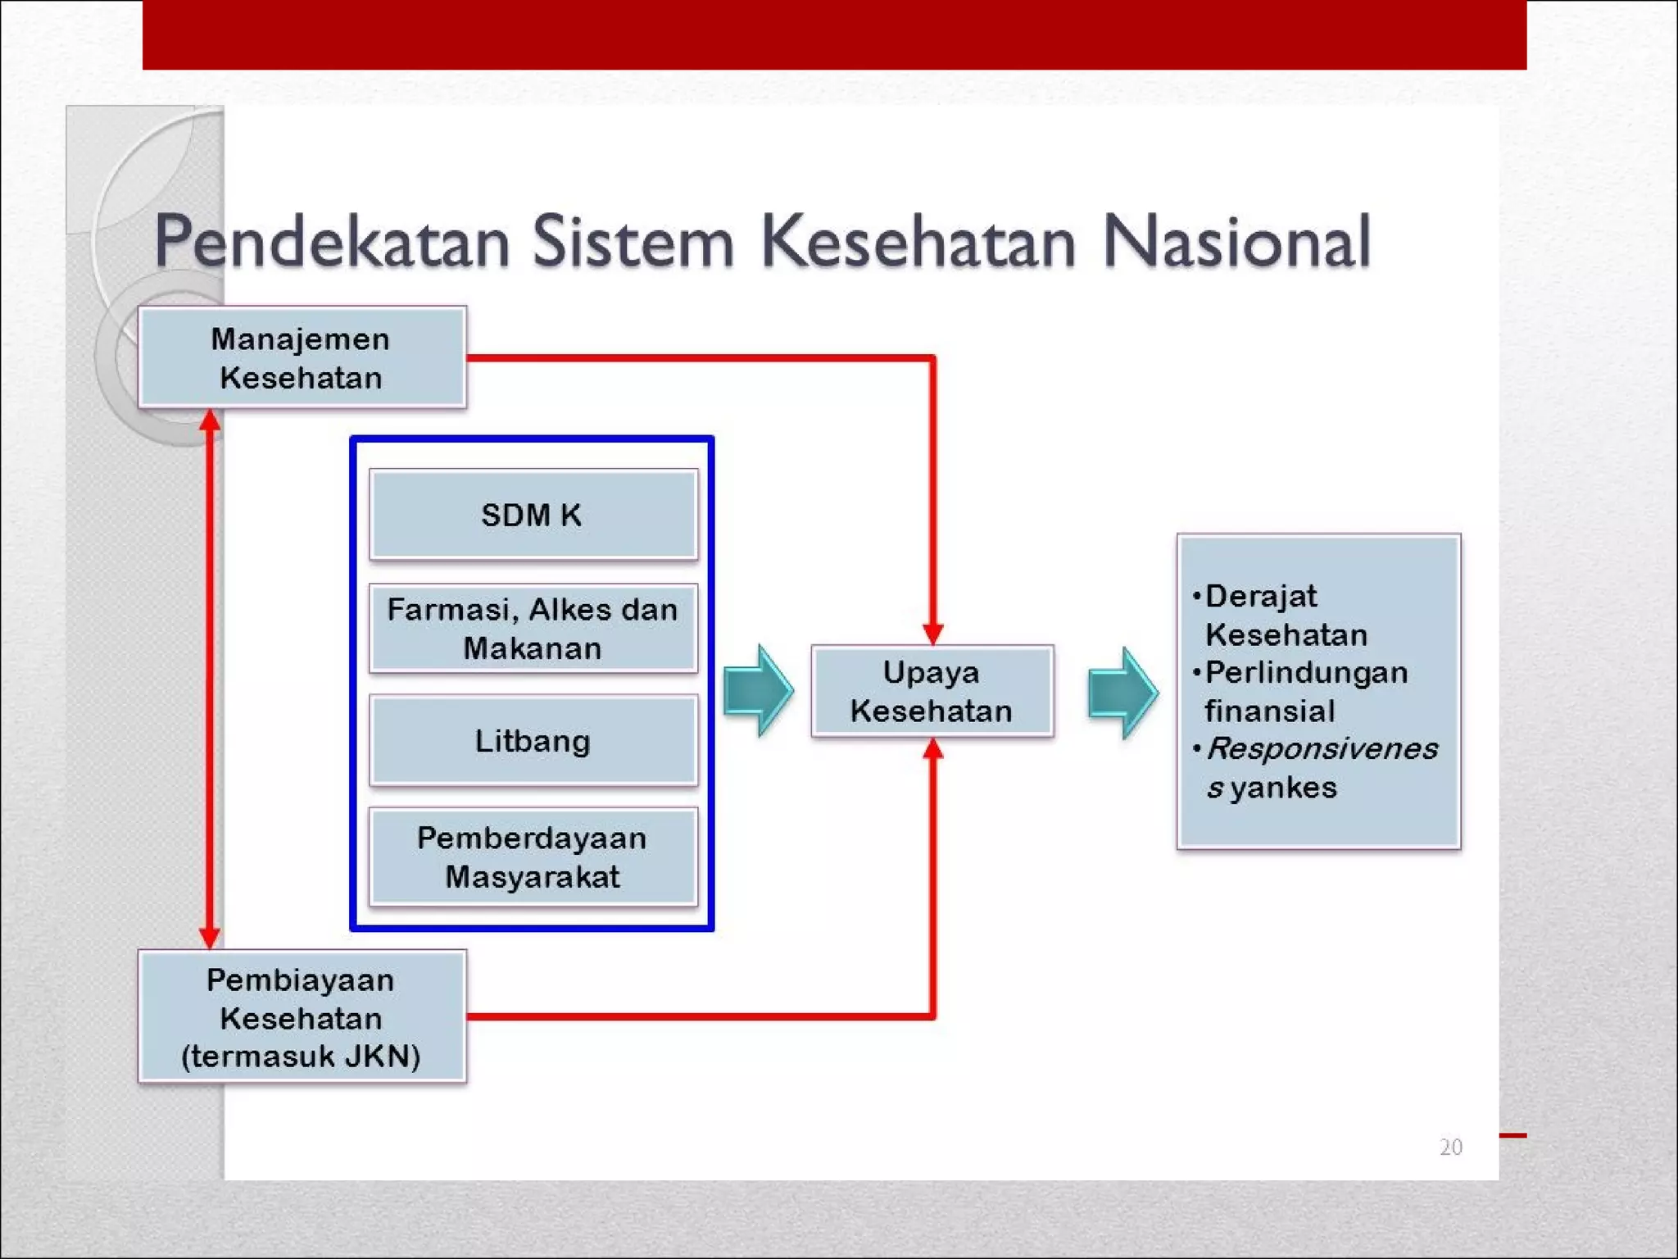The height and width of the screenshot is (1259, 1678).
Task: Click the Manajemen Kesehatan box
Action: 302,357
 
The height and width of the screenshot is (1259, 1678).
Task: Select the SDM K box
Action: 533,515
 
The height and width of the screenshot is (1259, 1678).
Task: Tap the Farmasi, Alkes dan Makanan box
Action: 533,629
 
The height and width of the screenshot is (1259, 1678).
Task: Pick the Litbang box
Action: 533,741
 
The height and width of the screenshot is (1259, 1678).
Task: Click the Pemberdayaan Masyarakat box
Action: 533,857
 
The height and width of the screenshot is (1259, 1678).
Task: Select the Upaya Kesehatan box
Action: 932,692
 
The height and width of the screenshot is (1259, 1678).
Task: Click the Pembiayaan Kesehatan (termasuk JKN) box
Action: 302,1017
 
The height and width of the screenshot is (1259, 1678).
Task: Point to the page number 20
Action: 1450,1147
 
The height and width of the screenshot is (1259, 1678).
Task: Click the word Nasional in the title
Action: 1236,242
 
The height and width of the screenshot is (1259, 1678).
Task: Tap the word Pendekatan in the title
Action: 331,242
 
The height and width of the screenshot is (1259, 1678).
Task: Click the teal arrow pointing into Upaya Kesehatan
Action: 758,691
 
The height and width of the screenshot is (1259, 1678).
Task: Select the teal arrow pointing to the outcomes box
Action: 1122,693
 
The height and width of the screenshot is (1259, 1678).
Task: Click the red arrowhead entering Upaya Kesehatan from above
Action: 932,634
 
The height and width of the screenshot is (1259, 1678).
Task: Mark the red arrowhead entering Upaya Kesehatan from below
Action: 932,749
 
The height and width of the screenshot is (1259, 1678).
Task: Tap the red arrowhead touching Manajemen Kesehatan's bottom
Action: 210,420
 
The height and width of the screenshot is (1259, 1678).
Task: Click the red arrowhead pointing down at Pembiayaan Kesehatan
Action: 210,938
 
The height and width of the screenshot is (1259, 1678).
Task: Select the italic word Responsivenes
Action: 1322,748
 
